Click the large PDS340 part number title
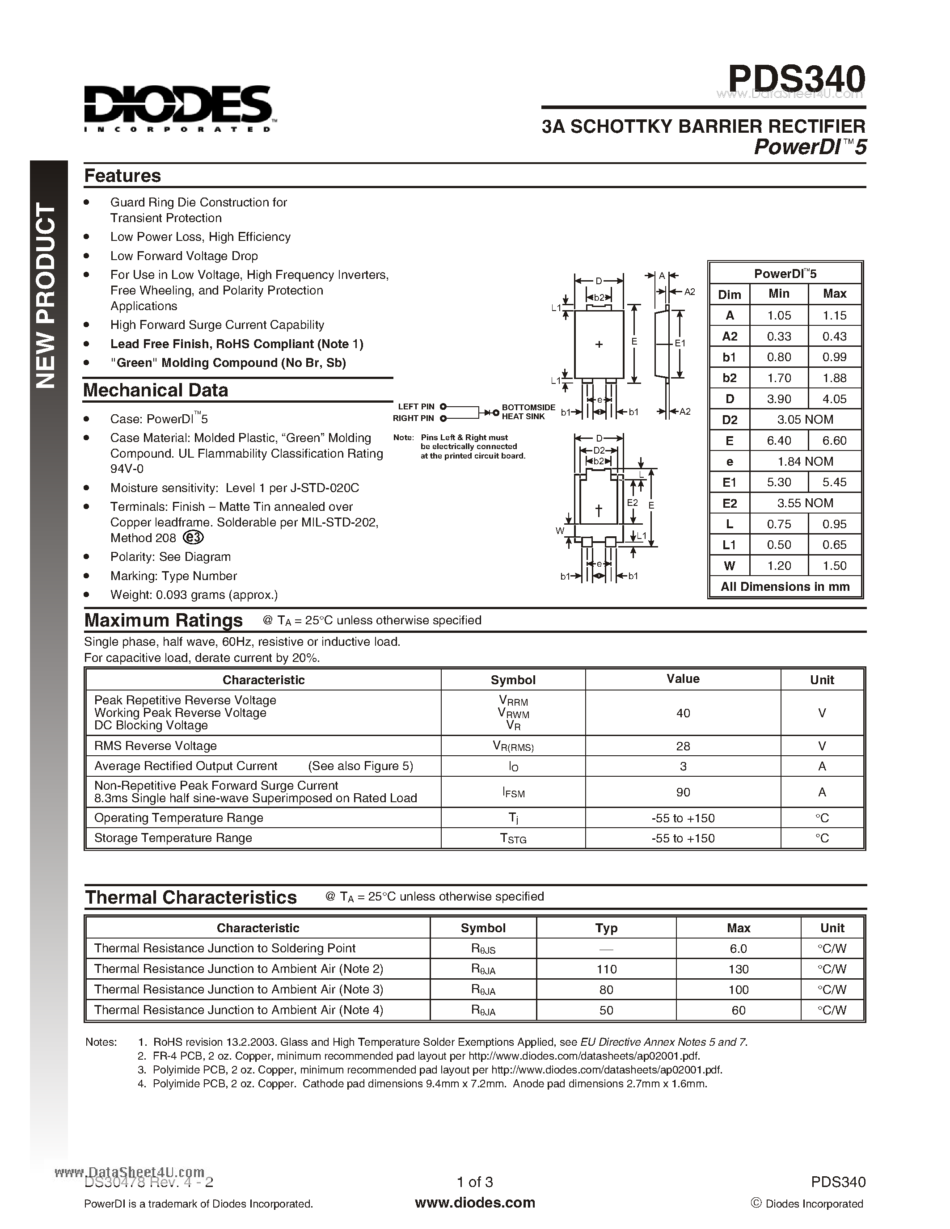[x=796, y=79]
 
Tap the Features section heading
[x=122, y=176]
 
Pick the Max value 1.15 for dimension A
[x=834, y=316]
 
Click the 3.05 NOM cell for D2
[x=805, y=420]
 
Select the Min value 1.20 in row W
[x=779, y=565]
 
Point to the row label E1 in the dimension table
[x=730, y=482]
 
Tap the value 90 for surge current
[x=683, y=792]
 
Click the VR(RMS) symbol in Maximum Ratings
[x=513, y=746]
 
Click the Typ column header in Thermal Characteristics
[x=606, y=928]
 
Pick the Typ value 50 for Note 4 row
[x=606, y=1010]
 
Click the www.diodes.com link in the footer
[x=474, y=1203]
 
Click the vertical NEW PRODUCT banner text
[x=46, y=295]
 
